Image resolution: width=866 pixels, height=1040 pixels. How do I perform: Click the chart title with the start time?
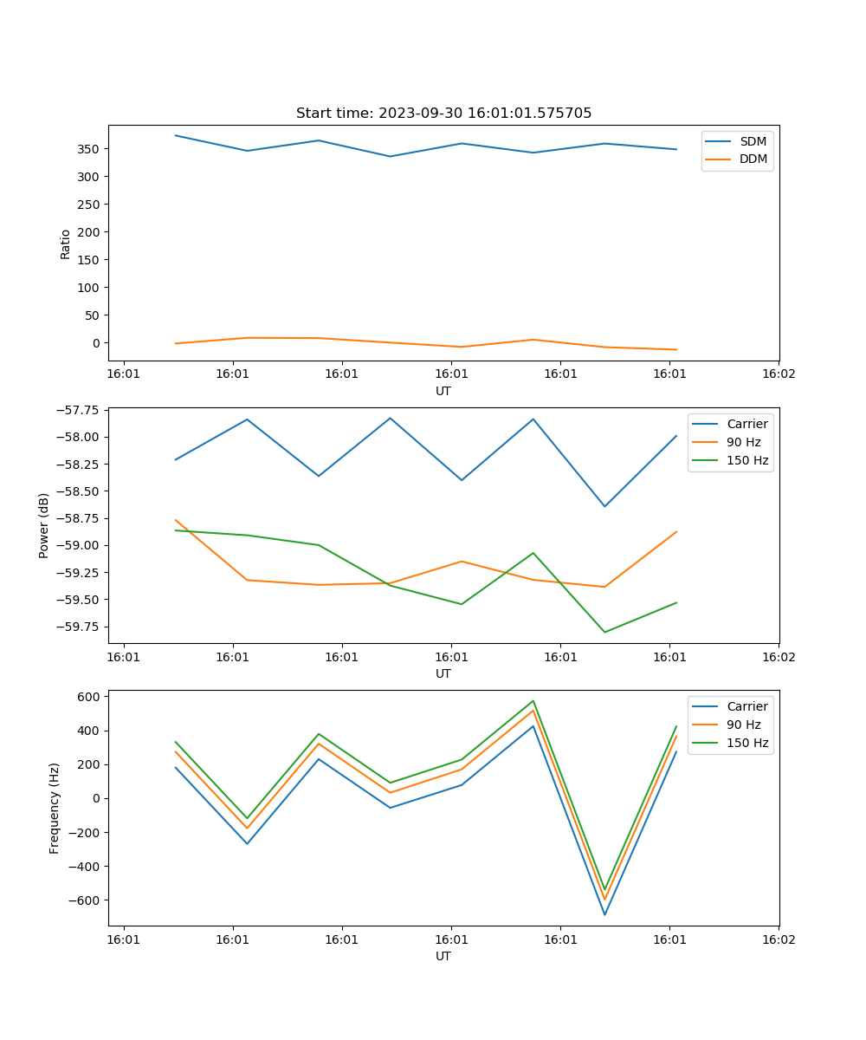click(443, 114)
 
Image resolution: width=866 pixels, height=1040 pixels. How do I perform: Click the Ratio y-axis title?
click(66, 244)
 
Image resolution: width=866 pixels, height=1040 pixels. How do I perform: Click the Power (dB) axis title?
click(44, 525)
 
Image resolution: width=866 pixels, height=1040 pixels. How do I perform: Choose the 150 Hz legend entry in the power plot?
click(747, 460)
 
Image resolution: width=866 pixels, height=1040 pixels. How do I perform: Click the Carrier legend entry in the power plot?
click(747, 424)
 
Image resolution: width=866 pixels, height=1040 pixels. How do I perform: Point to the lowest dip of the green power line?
click(604, 632)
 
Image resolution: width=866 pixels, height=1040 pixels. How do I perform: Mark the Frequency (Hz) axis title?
click(55, 808)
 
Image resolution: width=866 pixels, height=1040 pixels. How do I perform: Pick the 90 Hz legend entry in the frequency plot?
click(744, 725)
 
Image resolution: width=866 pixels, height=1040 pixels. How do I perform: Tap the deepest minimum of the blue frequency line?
click(604, 914)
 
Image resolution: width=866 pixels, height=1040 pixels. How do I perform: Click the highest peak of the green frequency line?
click(533, 701)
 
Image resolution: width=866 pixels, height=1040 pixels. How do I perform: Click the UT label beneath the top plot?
click(443, 391)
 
